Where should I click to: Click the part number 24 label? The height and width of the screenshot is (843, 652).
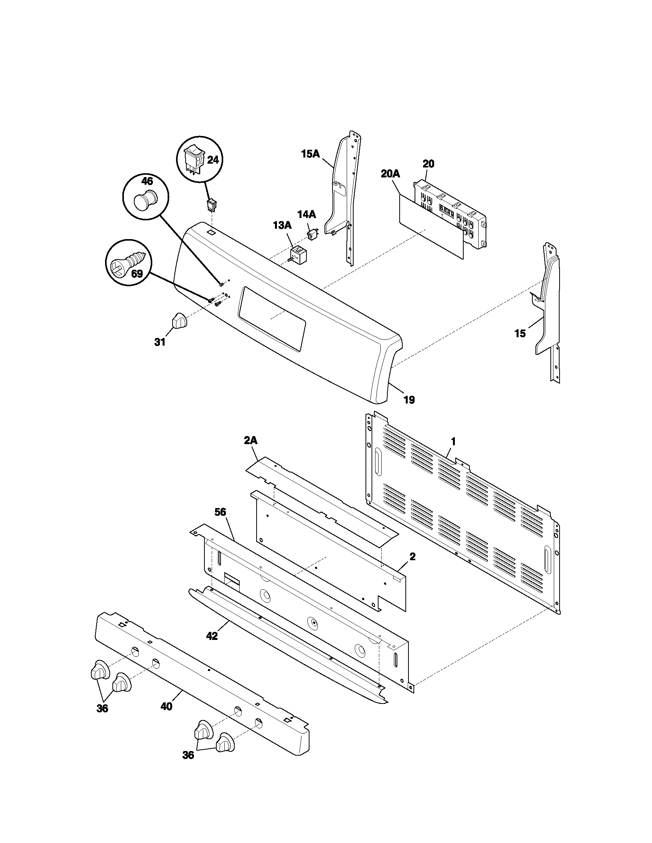pos(213,160)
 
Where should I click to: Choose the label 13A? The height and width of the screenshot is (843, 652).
pos(282,225)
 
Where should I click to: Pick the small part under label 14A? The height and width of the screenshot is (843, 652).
pos(312,234)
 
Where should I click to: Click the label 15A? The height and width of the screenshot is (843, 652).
pos(311,154)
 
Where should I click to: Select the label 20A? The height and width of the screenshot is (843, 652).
pos(390,174)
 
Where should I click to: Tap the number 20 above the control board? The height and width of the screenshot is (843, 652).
pos(428,164)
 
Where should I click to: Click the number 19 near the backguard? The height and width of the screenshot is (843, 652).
pos(409,400)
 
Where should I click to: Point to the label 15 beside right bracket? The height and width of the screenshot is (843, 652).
pos(520,333)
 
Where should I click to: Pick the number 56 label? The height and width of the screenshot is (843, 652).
pos(221,512)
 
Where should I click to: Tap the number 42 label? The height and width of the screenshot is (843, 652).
pos(212,636)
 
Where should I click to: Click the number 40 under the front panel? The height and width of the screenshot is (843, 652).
pos(166,706)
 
